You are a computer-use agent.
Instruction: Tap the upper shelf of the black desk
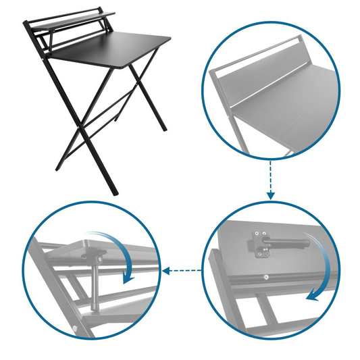[74, 19]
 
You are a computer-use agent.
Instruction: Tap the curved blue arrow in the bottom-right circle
[322, 270]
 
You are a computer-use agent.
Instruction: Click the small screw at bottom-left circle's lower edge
[74, 330]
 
